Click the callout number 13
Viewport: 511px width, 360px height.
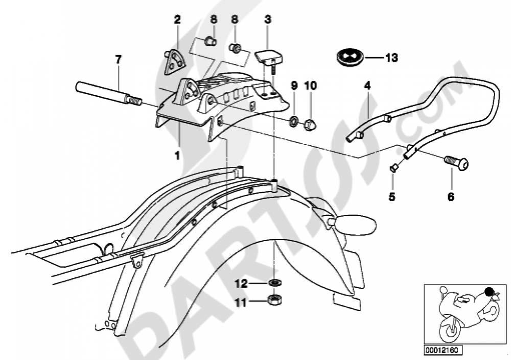pos(391,58)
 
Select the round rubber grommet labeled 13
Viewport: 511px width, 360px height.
pos(350,57)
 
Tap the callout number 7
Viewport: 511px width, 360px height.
pos(118,60)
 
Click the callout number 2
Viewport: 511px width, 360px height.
pos(177,20)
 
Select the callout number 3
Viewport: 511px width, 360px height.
pos(267,20)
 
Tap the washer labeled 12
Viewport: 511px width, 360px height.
pos(274,282)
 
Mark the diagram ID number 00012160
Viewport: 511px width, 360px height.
pos(440,350)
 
